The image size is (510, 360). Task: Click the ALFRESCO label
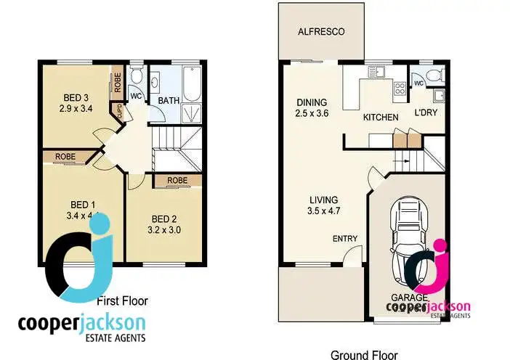(x=320, y=32)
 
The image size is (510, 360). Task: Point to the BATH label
(x=169, y=101)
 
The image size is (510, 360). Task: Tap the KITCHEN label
(x=381, y=118)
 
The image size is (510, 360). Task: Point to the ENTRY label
(x=344, y=238)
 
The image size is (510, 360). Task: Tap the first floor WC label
(x=136, y=95)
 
